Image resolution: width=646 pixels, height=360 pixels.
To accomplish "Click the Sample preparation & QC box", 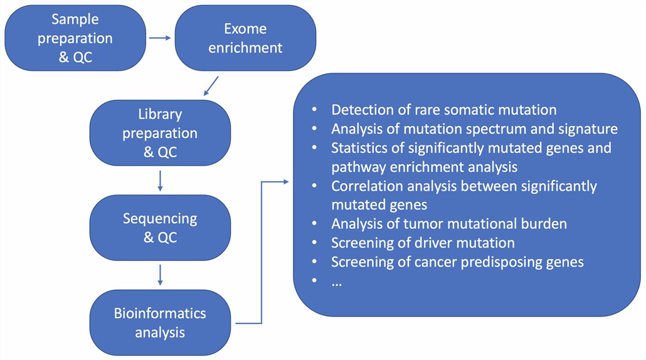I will (x=75, y=38).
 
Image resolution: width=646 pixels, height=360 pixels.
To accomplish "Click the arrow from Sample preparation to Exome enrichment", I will (x=159, y=38).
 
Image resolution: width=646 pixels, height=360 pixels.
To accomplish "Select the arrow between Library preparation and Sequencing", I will (x=161, y=181).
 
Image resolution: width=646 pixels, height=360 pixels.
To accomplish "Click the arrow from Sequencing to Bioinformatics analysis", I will (x=161, y=275).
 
